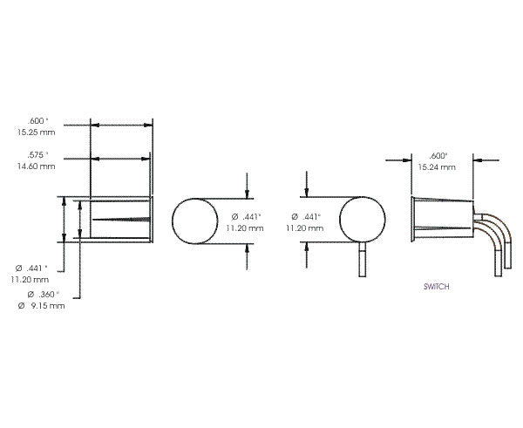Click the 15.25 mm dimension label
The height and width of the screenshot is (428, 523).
(x=34, y=132)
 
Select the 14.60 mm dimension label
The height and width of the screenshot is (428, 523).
(x=34, y=166)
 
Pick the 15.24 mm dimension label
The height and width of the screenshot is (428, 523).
(x=433, y=166)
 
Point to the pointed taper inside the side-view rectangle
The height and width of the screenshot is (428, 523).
(x=122, y=219)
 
